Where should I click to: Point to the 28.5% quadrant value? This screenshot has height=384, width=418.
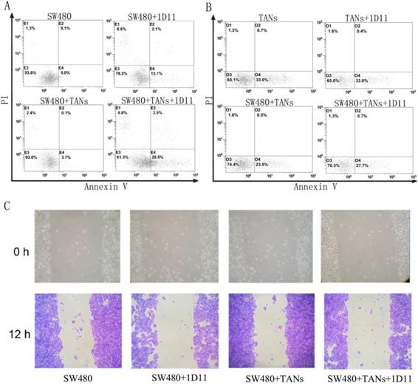(158, 157)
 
